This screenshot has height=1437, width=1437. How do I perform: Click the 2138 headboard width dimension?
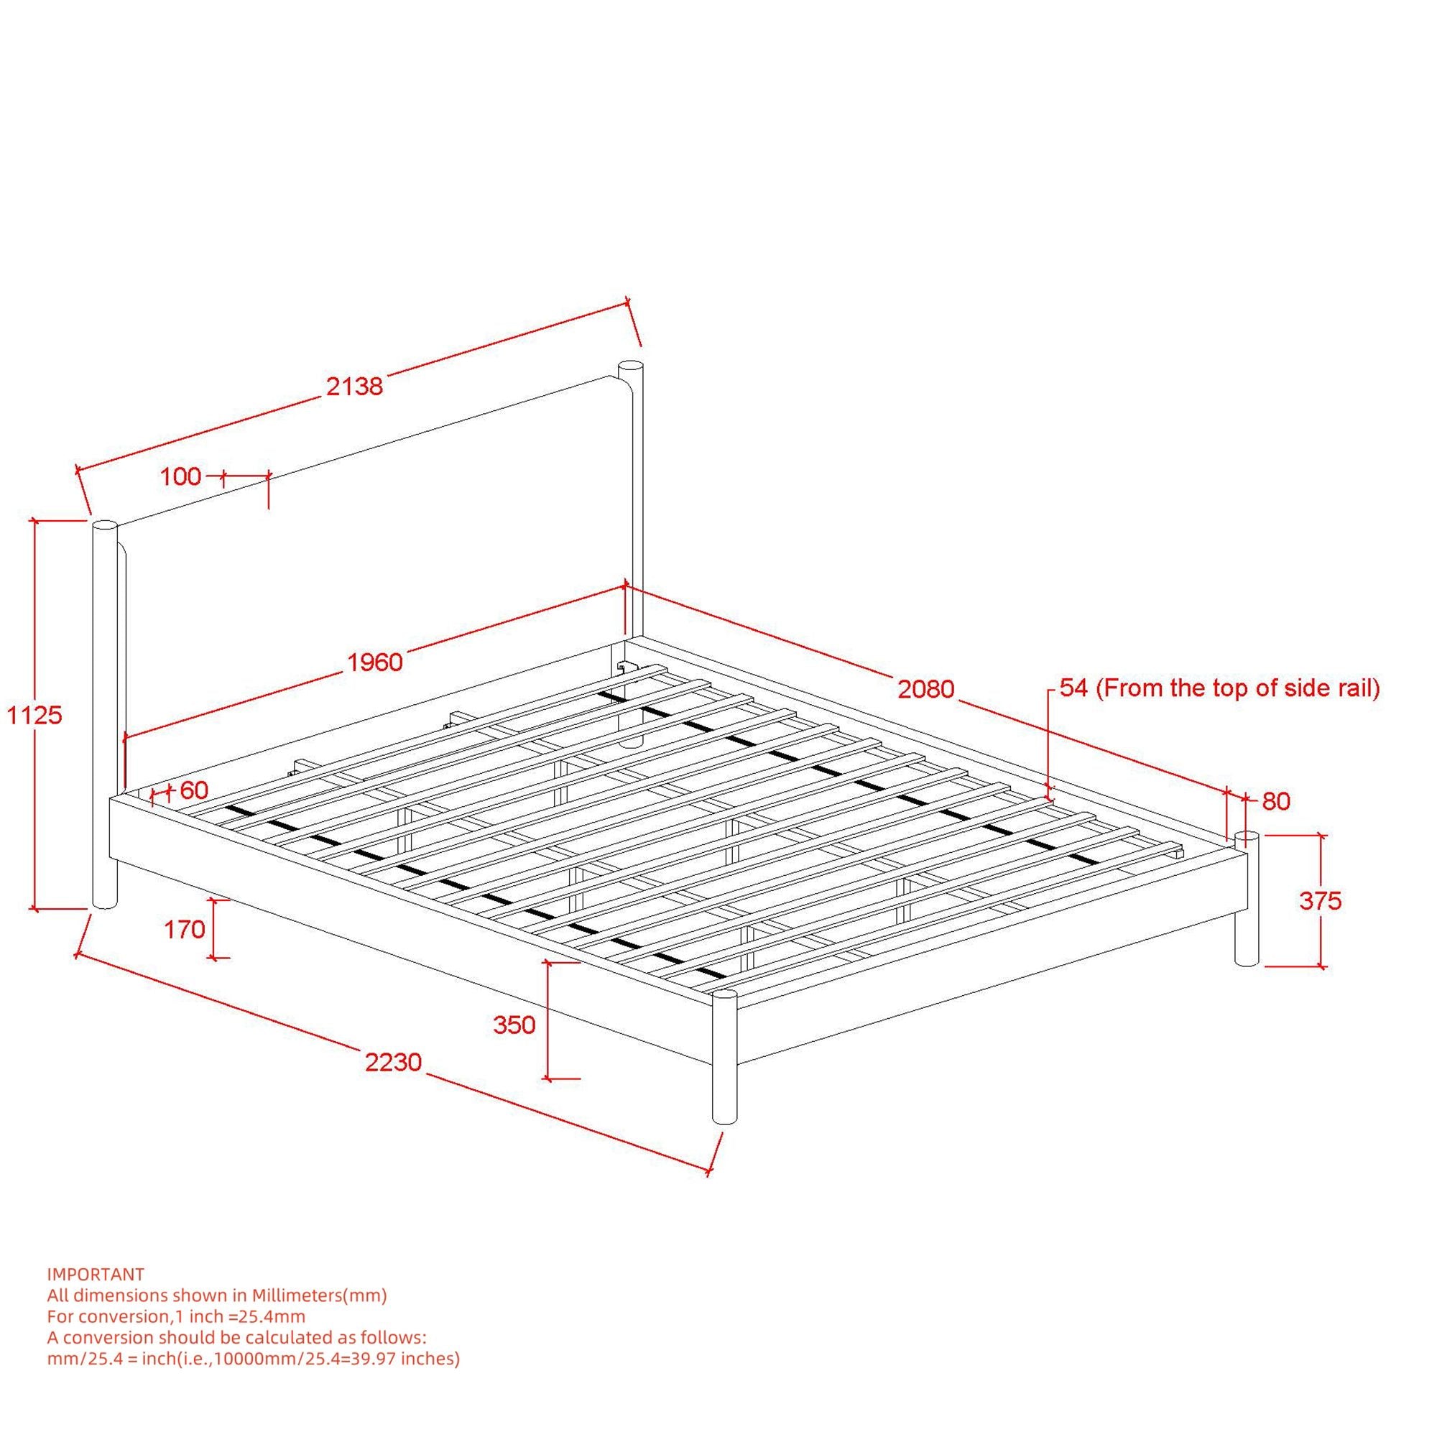[355, 386]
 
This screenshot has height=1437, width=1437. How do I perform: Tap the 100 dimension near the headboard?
[181, 477]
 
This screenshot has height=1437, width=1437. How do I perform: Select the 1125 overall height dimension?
[34, 715]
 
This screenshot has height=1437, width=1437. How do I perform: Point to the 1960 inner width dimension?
[376, 661]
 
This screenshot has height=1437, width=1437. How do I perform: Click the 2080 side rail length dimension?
[925, 690]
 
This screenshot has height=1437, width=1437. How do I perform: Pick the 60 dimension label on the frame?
[194, 790]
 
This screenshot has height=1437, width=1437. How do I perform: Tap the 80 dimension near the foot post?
[1275, 801]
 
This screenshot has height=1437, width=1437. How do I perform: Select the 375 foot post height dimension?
[1320, 901]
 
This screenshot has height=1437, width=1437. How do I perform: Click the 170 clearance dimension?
[185, 929]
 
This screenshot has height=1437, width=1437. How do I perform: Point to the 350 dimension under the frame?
[514, 1025]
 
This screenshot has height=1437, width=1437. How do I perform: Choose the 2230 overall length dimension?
[394, 1061]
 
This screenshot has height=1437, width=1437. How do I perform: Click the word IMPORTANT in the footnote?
[96, 1275]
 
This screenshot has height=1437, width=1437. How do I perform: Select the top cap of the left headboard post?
[105, 525]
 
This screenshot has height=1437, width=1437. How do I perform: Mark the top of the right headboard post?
[631, 366]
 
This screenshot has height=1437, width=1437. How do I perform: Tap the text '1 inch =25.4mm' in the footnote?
[239, 1316]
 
